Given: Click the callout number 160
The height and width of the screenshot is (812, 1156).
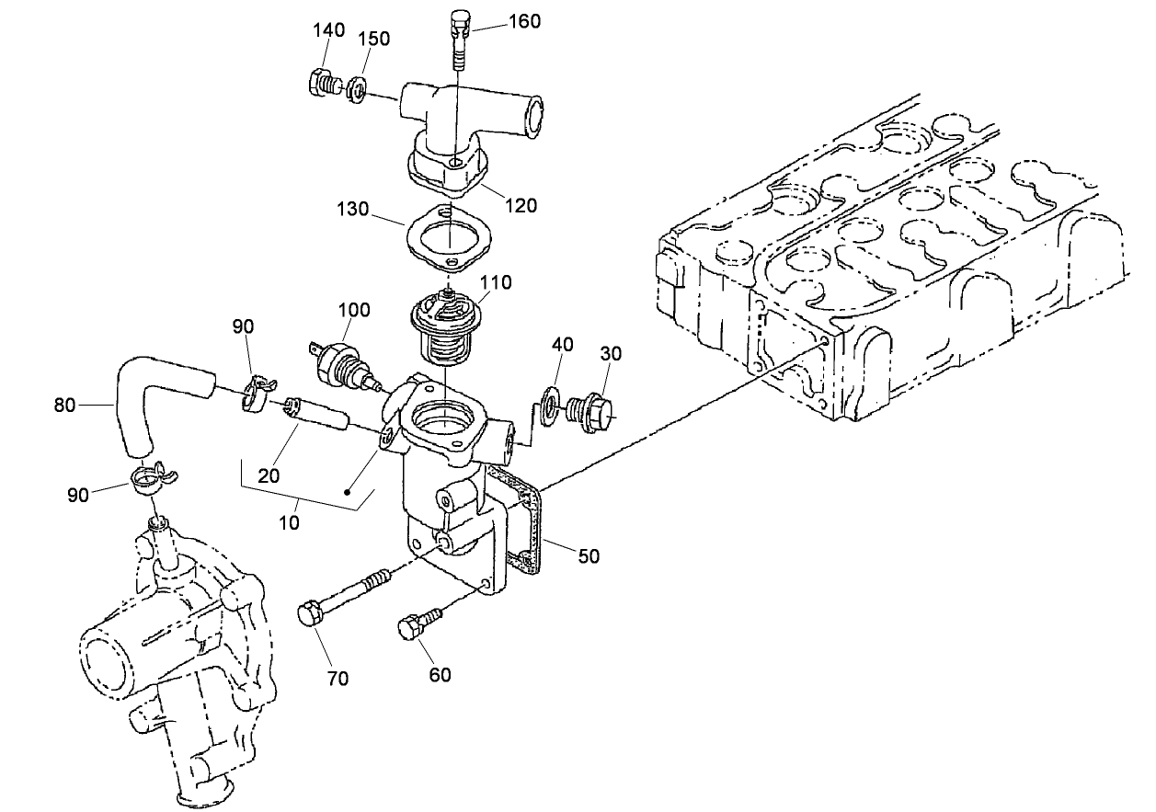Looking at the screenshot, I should (524, 20).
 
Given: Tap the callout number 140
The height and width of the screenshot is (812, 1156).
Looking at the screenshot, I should (328, 30).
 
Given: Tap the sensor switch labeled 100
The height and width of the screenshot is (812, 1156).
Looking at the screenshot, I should (342, 361).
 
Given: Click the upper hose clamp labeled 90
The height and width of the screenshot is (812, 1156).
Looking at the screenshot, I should (259, 391).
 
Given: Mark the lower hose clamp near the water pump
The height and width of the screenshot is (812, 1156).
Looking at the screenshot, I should (151, 478).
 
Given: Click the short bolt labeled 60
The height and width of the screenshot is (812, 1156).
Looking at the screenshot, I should (416, 625).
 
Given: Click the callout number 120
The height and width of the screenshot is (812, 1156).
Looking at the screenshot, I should (521, 206).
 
